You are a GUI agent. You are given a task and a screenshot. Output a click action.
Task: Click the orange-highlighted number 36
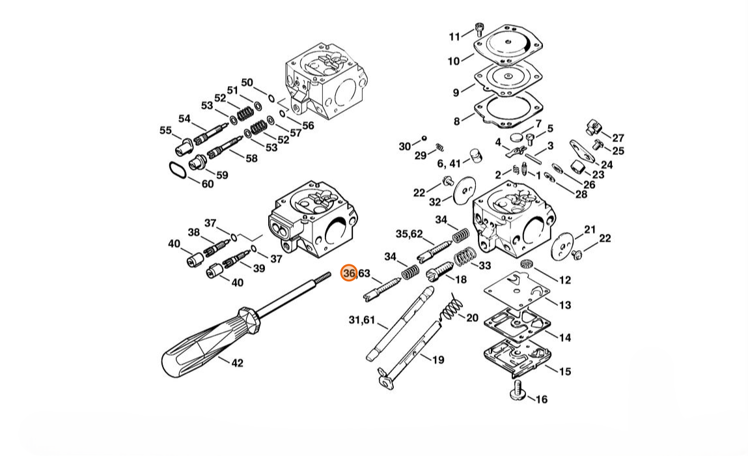(x=349, y=273)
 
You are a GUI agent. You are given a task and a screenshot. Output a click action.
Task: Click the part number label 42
(x=237, y=363)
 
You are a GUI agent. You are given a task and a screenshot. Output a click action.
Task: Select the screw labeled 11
(x=479, y=29)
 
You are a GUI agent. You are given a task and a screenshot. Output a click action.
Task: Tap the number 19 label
(x=438, y=360)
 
